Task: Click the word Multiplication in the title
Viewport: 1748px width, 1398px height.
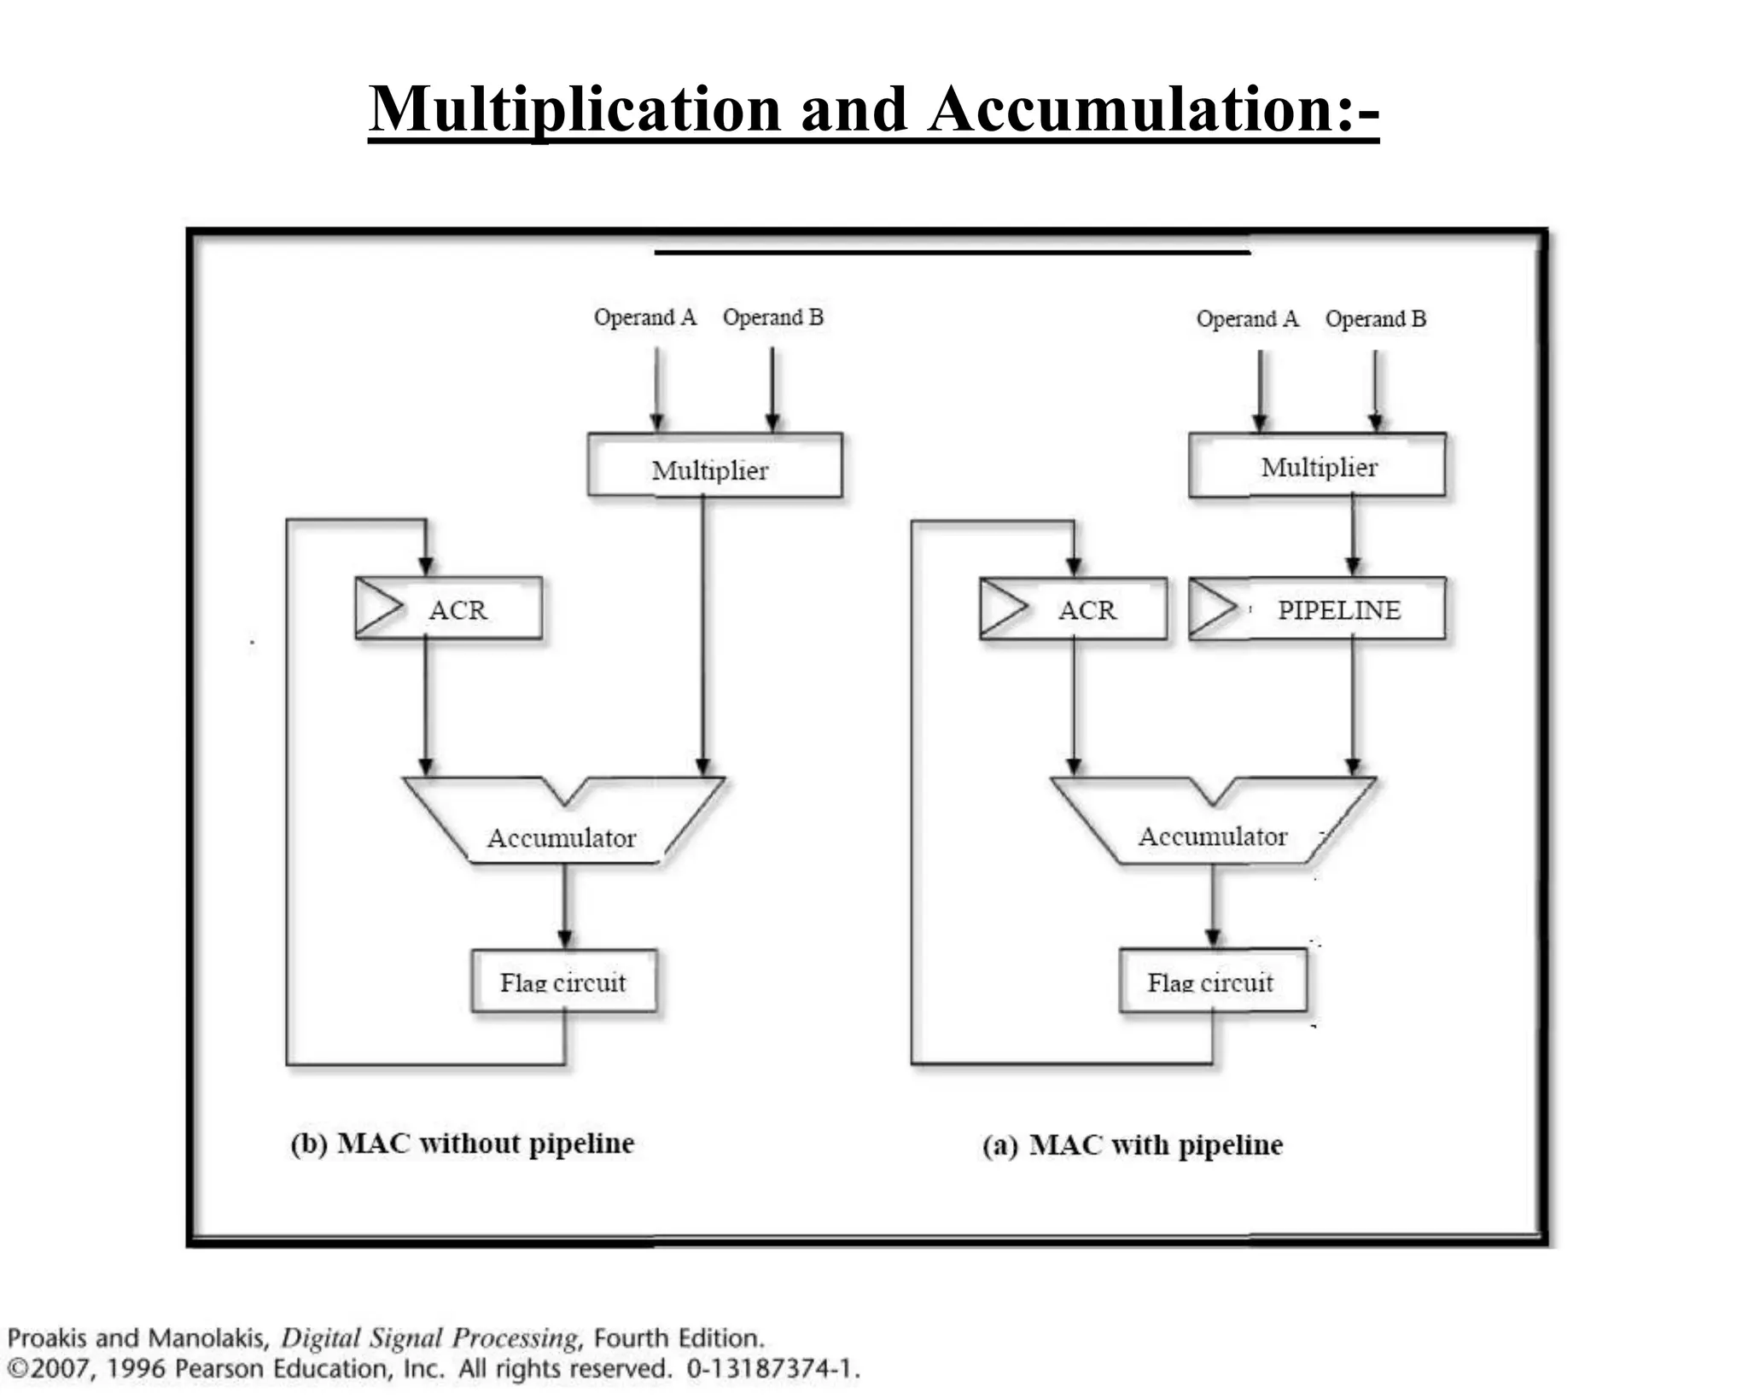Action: click(x=574, y=109)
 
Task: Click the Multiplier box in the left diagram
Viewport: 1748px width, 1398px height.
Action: click(x=714, y=465)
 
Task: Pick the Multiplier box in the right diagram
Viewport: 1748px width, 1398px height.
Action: click(x=1317, y=465)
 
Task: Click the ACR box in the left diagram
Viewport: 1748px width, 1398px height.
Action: click(x=449, y=609)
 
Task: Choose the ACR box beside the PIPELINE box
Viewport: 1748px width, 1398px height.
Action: click(x=1074, y=609)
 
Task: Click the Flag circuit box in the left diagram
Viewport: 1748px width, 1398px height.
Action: click(x=564, y=982)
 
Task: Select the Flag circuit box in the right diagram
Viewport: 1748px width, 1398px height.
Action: click(x=1212, y=982)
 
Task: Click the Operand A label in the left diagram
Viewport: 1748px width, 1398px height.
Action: click(x=645, y=317)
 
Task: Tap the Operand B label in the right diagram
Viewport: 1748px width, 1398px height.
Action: click(x=1375, y=319)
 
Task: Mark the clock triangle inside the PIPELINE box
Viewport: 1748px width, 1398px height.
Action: click(x=1210, y=608)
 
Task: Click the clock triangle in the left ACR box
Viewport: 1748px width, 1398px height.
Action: click(x=376, y=608)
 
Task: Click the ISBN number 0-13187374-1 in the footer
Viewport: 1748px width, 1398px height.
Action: click(x=772, y=1369)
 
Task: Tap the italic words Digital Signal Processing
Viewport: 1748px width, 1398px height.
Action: click(x=429, y=1337)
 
